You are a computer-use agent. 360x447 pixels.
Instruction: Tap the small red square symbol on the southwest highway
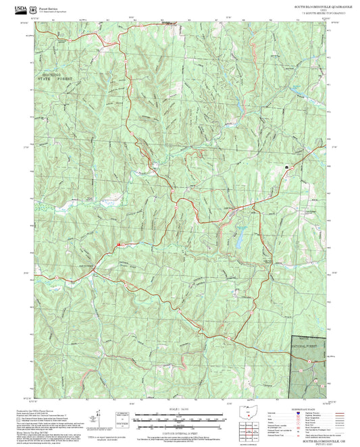[118, 243]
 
